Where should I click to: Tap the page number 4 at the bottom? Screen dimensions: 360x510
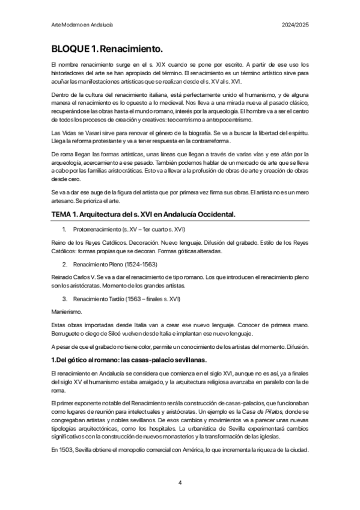(180, 482)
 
